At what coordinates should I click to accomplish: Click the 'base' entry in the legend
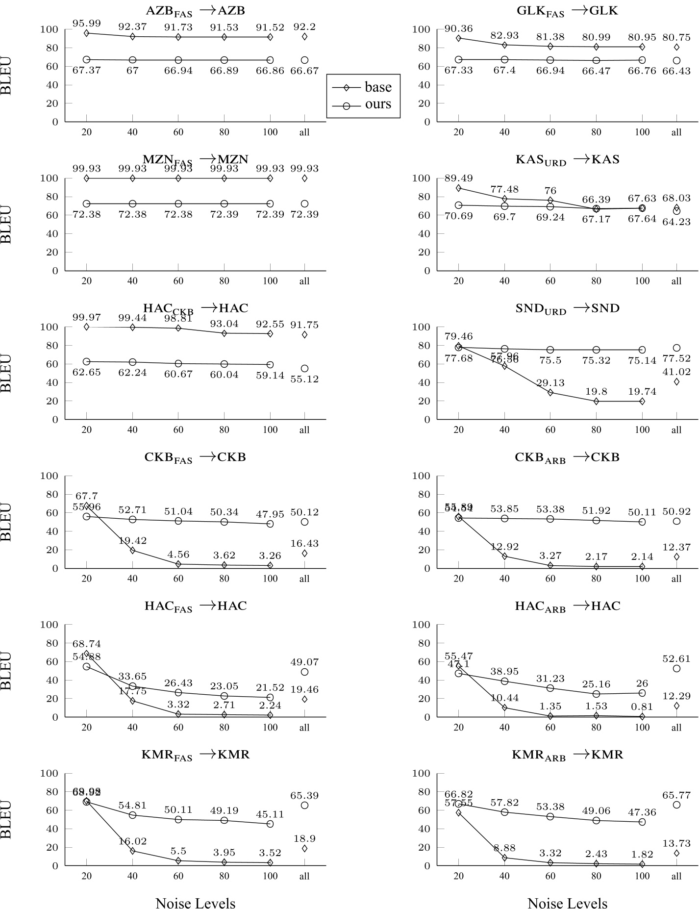(377, 87)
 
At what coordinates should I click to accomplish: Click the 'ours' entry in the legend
(377, 104)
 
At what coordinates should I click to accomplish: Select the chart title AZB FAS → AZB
(196, 11)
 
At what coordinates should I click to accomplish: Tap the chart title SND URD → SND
(567, 309)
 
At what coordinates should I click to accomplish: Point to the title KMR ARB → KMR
(567, 755)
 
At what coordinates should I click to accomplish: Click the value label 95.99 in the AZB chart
(87, 24)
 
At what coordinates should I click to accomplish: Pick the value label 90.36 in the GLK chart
(459, 29)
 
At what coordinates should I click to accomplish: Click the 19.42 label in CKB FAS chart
(133, 541)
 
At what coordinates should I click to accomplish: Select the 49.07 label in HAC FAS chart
(304, 662)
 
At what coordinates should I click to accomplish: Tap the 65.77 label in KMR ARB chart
(676, 795)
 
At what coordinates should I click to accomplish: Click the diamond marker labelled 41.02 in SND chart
(676, 382)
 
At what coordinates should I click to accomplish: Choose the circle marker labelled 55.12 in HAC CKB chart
(304, 369)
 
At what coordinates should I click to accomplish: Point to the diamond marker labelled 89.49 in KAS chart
(459, 188)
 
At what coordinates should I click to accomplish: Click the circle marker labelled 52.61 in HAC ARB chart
(676, 668)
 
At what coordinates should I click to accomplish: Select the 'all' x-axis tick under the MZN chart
(304, 281)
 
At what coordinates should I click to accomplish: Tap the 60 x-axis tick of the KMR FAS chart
(178, 876)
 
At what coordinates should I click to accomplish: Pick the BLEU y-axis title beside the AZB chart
(6, 76)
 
